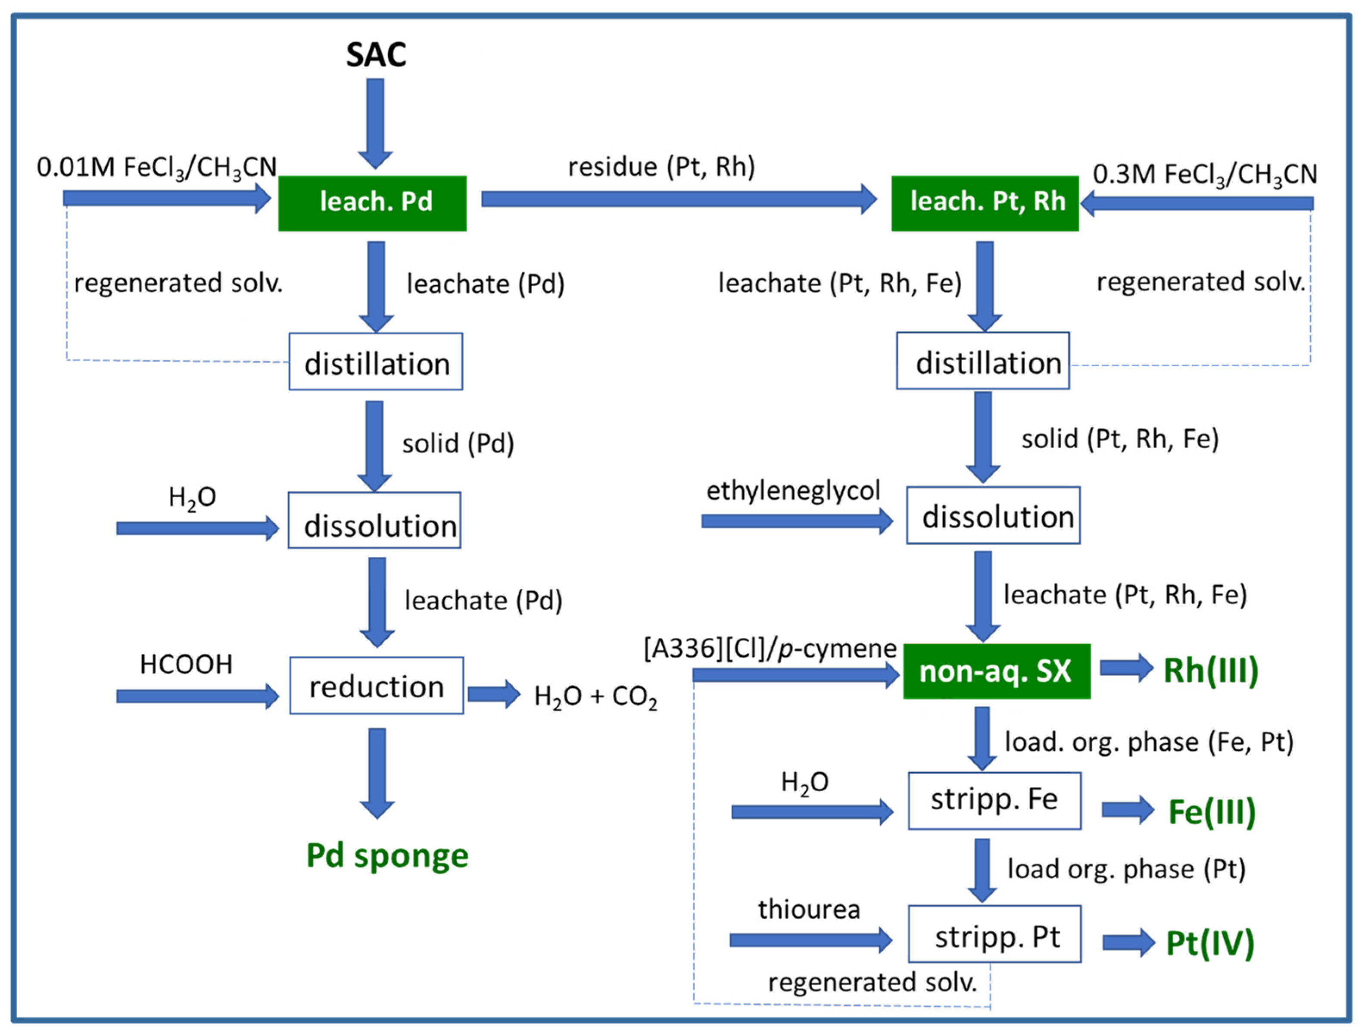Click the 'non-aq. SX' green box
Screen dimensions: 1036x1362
(996, 671)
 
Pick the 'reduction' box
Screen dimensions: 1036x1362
(376, 686)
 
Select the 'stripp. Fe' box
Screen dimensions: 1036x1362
(994, 800)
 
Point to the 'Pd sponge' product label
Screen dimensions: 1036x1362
(387, 856)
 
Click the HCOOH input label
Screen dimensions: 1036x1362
(186, 665)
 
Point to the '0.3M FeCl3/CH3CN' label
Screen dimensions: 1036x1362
(1205, 175)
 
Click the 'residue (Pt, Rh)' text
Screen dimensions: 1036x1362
(661, 166)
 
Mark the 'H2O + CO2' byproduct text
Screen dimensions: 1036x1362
(595, 697)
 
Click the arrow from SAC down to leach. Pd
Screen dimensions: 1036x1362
(375, 123)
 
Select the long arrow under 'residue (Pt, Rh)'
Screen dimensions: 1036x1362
(678, 199)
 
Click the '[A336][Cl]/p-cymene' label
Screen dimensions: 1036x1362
(770, 649)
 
